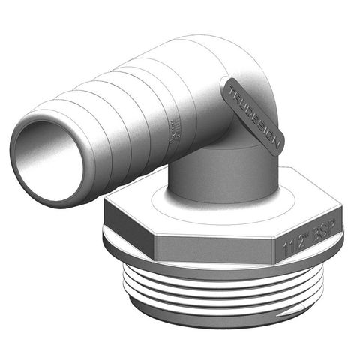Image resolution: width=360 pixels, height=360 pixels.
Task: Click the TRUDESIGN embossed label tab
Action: click(253, 116)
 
